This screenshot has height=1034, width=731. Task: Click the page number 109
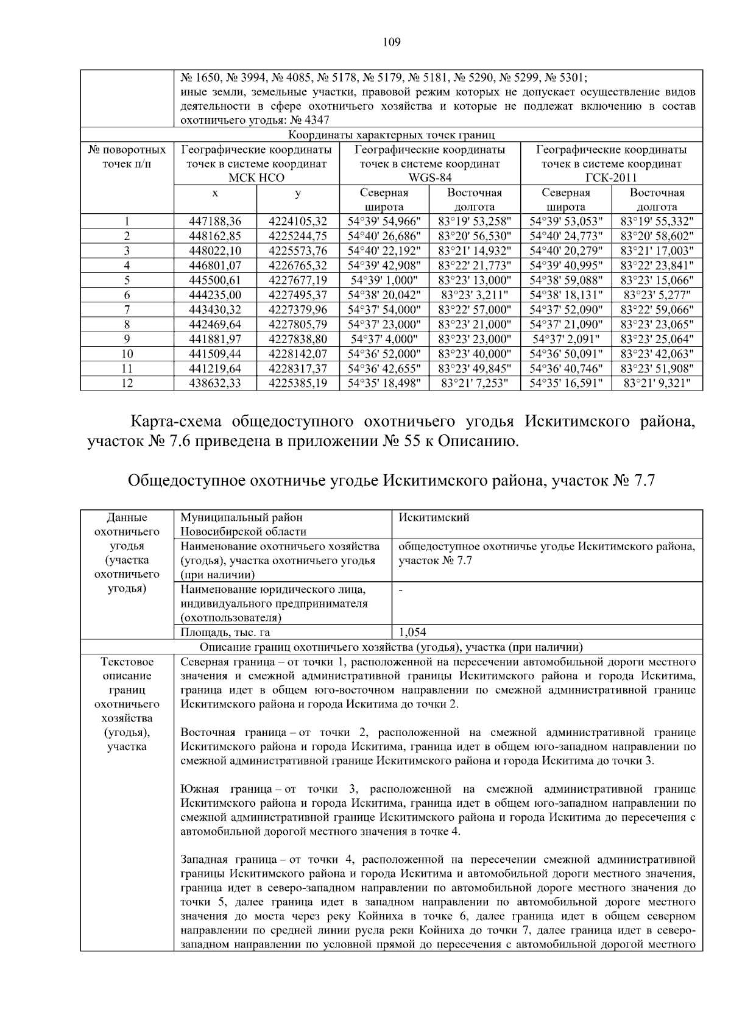point(391,42)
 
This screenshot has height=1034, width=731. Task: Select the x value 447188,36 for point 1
point(215,221)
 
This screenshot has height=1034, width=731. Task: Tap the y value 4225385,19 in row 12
point(298,383)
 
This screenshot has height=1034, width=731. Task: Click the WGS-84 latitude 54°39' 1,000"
point(384,280)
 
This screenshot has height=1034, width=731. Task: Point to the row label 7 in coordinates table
point(127,310)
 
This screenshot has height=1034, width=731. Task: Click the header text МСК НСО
point(256,178)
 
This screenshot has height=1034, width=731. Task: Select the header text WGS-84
point(429,178)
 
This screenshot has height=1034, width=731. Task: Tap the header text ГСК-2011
point(611,178)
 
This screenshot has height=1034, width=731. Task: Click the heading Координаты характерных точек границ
point(391,135)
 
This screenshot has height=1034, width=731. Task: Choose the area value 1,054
point(412,632)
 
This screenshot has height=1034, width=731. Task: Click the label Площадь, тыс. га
point(225,632)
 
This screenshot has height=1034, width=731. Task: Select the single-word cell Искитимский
point(434,518)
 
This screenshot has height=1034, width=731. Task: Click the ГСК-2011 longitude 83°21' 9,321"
point(657,383)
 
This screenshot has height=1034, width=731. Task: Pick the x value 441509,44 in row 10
point(215,354)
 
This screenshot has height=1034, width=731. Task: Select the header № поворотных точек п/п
point(127,157)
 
